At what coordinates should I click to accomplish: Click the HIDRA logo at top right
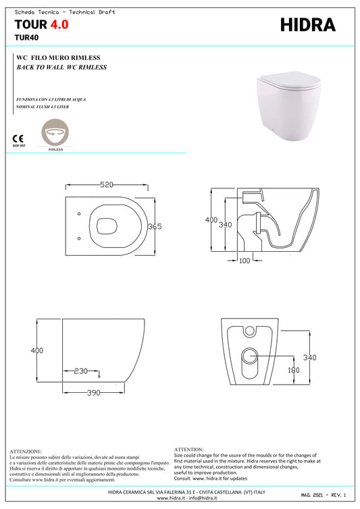coord(307,25)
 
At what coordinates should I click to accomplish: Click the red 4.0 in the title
coord(58,25)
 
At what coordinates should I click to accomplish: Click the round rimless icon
coord(55,132)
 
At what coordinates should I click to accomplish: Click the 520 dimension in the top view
coord(105,184)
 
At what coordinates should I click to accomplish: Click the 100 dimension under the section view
coord(245,260)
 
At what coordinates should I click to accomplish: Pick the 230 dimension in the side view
coord(80,370)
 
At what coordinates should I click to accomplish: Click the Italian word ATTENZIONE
coord(26,451)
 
